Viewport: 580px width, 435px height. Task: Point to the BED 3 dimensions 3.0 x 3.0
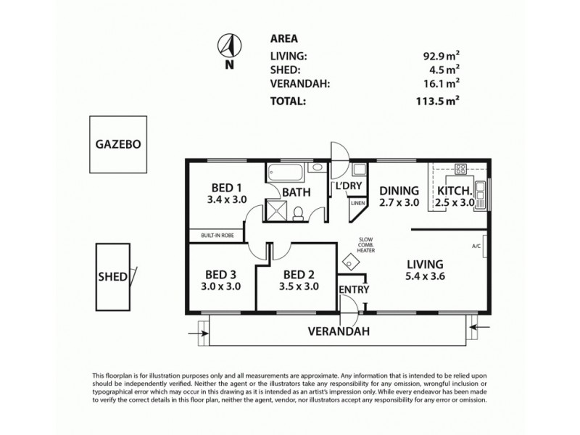click(220, 286)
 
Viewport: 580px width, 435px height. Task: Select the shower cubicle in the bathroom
click(275, 212)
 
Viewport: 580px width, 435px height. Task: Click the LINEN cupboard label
click(357, 204)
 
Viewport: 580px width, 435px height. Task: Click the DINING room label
click(399, 191)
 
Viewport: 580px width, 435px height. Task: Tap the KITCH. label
click(455, 191)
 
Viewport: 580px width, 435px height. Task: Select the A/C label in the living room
click(476, 246)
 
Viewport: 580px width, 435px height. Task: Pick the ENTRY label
click(355, 289)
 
